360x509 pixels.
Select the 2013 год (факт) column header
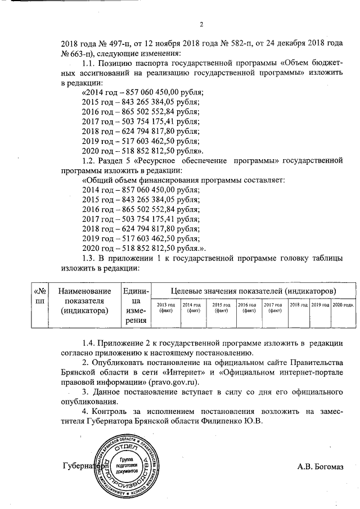[x=166, y=308]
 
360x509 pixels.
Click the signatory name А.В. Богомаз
[x=320, y=466]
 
